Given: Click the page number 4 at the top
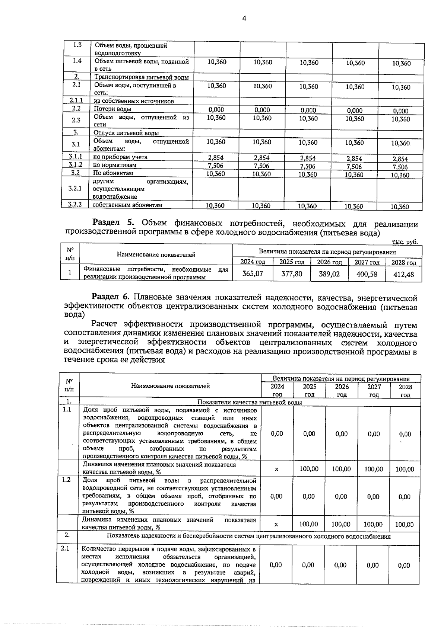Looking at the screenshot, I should click(x=244, y=18).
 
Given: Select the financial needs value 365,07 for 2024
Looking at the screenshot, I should click(x=253, y=274).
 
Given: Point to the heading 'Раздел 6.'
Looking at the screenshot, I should click(x=111, y=297).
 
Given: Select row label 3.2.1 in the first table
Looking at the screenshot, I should click(x=75, y=188).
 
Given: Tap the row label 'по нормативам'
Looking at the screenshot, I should click(x=114, y=165).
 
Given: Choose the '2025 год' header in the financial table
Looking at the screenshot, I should click(x=292, y=262).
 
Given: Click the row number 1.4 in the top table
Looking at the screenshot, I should click(x=77, y=61).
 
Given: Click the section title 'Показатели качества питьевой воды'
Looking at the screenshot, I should click(x=249, y=402).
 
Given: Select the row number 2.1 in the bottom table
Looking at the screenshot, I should click(x=65, y=548).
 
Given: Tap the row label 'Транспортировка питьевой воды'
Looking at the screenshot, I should click(x=141, y=77).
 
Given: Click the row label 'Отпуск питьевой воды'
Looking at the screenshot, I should click(x=126, y=133).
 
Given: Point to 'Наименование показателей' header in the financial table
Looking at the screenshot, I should click(x=156, y=255).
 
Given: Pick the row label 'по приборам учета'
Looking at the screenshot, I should click(x=120, y=157).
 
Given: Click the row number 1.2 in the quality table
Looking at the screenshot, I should click(x=67, y=480).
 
